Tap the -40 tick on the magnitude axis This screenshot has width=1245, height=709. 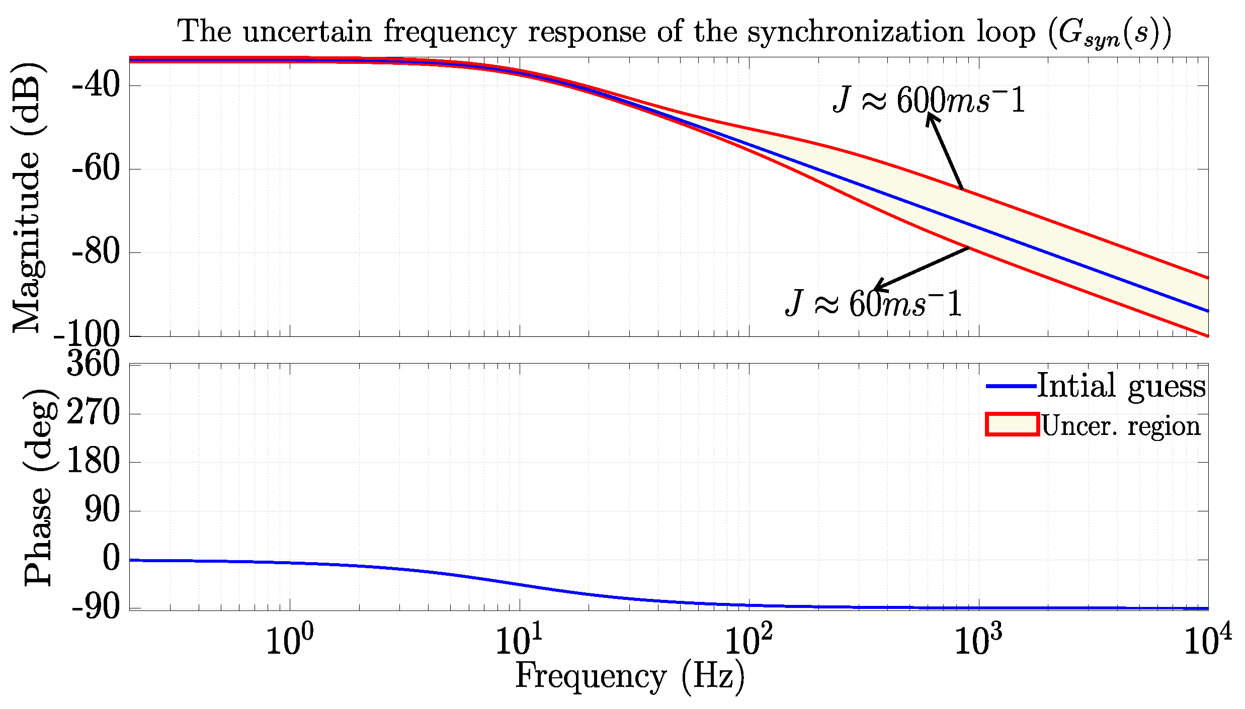(x=96, y=85)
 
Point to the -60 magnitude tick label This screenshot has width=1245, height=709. (x=96, y=168)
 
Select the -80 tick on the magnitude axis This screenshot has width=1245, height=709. (x=96, y=252)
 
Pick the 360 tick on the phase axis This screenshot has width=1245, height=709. (x=94, y=364)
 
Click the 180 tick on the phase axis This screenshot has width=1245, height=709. (x=94, y=462)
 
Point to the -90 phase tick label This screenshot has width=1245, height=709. (x=96, y=608)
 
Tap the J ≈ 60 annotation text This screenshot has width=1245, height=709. (x=874, y=304)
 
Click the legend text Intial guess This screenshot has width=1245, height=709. (x=1121, y=386)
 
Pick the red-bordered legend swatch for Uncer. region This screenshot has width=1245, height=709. (x=1012, y=424)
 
